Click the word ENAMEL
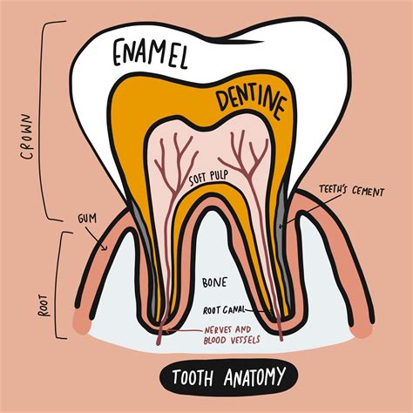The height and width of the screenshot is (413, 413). coord(150,54)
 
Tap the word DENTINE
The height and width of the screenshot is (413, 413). coord(251,102)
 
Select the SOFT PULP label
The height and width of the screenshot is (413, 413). coord(208,178)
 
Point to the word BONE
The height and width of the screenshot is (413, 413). coord(214,282)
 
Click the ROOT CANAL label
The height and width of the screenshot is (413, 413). coord(224,310)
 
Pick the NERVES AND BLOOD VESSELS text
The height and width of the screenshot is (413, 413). coord(232,335)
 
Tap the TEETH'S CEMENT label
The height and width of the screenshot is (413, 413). coord(351,191)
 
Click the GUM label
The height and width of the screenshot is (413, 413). coord(87,218)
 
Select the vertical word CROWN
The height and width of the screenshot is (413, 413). coord(29,137)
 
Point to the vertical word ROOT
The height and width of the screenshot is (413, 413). coord(44,306)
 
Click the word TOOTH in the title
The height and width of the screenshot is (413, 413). coord(193,377)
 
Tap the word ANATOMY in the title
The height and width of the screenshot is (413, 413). coord(254,376)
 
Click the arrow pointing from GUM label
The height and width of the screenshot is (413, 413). coord(95,238)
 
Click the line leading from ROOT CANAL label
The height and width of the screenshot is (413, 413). coord(257,311)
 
